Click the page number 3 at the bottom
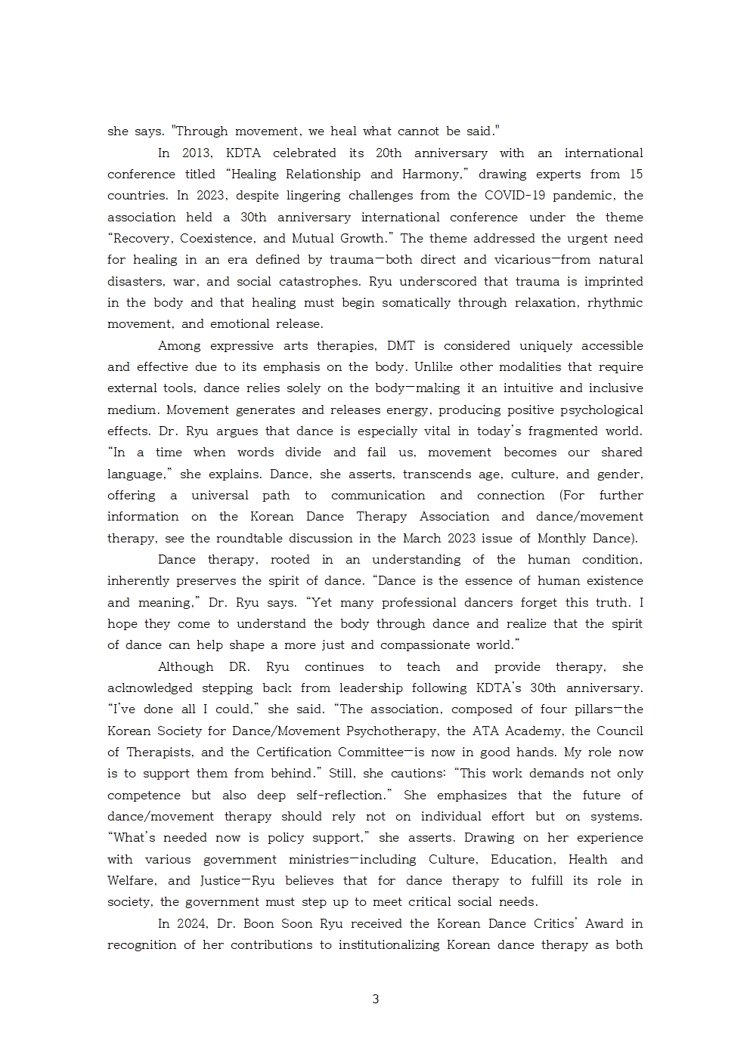point(375,999)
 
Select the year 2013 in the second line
point(198,153)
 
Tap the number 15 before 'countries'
point(636,174)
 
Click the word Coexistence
point(218,238)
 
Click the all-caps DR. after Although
point(242,666)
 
